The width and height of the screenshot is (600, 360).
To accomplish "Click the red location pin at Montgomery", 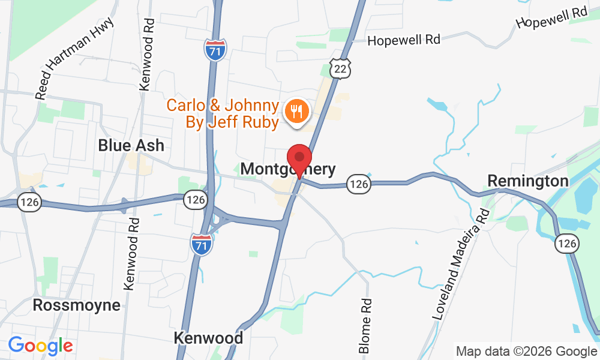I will (299, 159).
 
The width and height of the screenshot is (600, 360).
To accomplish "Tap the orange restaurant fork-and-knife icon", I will (295, 112).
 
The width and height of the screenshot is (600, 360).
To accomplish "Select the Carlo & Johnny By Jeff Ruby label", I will (223, 114).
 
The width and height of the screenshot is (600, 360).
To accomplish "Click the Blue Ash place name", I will (131, 145).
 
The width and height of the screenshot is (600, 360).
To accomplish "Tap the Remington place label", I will (527, 181).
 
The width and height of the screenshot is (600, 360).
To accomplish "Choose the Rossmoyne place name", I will (76, 305).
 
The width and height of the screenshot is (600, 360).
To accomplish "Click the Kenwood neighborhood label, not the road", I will (208, 338).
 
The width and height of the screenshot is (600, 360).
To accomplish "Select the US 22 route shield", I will (340, 70).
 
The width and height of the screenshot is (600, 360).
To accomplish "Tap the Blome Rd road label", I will (365, 326).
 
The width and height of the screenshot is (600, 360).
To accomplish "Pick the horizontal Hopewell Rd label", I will (404, 40).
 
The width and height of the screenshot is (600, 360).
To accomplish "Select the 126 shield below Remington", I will (566, 243).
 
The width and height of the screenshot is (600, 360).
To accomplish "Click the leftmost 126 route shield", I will (29, 202).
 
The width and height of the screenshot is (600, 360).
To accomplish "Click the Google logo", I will (40, 346).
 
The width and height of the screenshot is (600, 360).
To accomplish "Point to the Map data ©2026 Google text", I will (526, 352).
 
